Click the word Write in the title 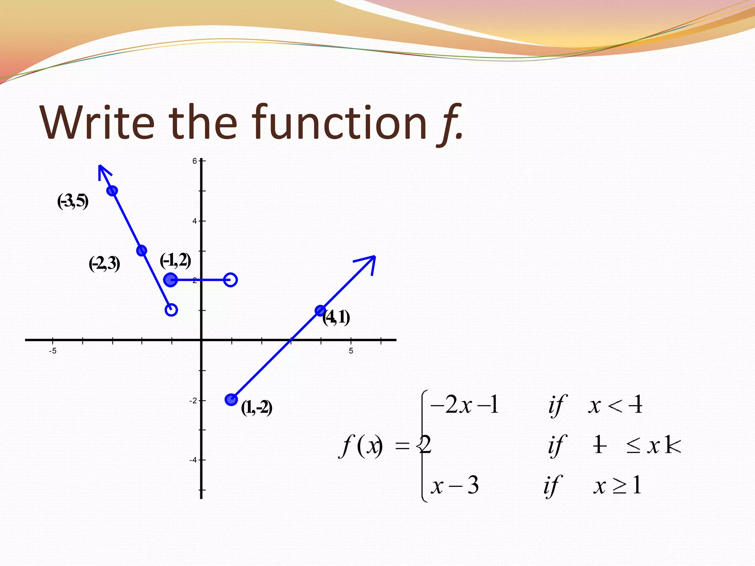[x=98, y=122]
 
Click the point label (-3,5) [x=73, y=202]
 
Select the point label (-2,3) [x=104, y=264]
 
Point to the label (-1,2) [x=175, y=261]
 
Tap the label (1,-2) [x=257, y=408]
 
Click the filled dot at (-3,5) [x=112, y=191]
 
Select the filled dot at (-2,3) [x=142, y=251]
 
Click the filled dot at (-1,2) [x=170, y=280]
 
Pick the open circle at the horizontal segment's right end [x=230, y=280]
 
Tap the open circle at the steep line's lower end [x=171, y=310]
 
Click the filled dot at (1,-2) [x=231, y=399]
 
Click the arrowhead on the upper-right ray [x=369, y=262]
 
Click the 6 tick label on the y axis [x=195, y=161]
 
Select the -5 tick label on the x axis [x=53, y=351]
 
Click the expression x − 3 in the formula [x=455, y=485]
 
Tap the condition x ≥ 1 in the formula [x=617, y=485]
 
